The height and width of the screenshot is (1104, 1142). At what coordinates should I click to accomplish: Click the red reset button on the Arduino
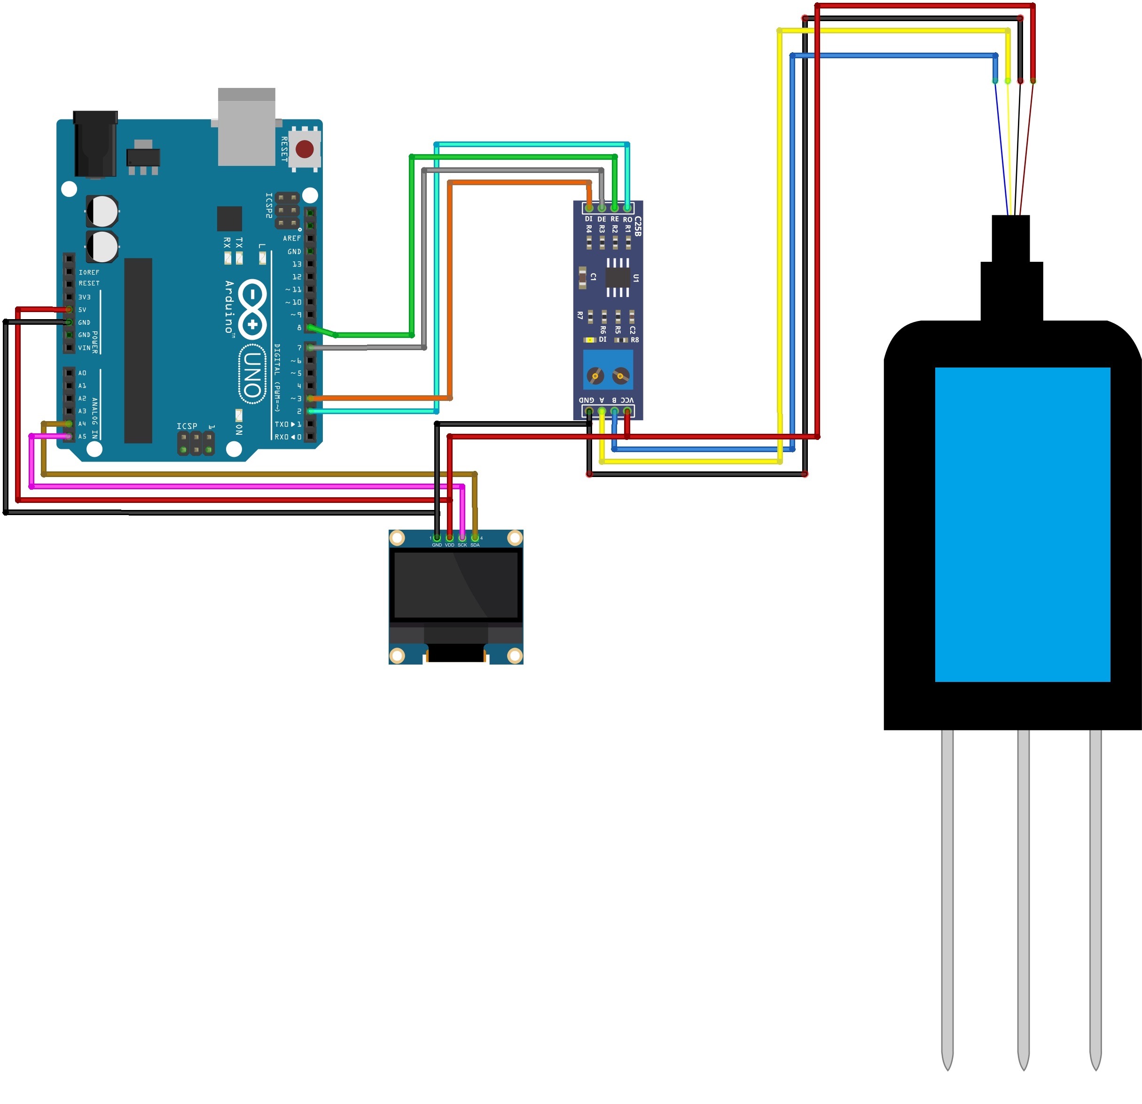(304, 149)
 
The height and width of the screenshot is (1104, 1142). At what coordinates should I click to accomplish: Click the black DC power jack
(95, 144)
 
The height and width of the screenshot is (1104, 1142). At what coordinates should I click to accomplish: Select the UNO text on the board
(252, 375)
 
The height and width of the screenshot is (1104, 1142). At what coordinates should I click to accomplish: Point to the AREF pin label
(292, 238)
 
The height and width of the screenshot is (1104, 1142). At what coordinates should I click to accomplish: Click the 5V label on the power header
(82, 310)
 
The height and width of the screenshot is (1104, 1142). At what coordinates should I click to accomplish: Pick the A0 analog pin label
(82, 373)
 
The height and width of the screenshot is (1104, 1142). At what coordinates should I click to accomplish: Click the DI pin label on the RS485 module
(588, 219)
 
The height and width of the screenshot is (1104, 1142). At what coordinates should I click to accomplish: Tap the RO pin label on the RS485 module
(627, 219)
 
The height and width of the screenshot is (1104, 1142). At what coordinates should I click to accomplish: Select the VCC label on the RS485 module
(627, 400)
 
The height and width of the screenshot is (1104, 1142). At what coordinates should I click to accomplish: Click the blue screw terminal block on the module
(608, 370)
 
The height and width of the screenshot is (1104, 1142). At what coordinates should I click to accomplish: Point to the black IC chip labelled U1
(618, 277)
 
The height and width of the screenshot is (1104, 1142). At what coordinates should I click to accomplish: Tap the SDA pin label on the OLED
(475, 545)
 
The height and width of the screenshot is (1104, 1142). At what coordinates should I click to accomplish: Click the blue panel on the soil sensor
(1023, 525)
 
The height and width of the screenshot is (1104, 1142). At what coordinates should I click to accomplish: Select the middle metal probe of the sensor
(1023, 897)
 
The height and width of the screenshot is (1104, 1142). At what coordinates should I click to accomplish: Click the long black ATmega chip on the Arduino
(138, 350)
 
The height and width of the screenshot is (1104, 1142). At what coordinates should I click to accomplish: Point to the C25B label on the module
(637, 226)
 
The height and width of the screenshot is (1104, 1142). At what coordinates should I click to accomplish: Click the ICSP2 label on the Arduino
(269, 206)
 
